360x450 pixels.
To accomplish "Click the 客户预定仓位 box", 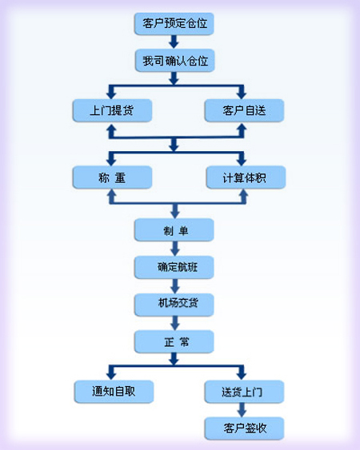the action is tap(174, 24).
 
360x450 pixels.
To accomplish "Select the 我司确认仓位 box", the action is tap(175, 61).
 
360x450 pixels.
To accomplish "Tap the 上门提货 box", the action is tap(112, 110).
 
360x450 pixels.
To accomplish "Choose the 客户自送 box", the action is tap(244, 110).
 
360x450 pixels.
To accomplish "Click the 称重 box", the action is tap(112, 177).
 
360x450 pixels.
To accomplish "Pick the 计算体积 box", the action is tap(246, 177).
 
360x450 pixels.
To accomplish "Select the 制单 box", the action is tap(174, 230).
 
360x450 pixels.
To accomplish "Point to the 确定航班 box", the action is tap(174, 267).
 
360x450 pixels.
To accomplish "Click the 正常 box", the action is tap(174, 341).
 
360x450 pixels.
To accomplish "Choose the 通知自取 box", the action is tap(114, 392).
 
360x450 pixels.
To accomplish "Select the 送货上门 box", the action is tap(244, 392).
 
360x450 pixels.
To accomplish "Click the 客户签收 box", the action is tap(244, 428).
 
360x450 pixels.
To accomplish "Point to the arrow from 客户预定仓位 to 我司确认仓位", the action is tap(174, 42).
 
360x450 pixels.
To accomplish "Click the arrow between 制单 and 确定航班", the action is tap(174, 249).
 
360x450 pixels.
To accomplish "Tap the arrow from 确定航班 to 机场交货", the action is tap(174, 286).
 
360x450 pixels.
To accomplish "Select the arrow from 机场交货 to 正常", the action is tap(174, 323).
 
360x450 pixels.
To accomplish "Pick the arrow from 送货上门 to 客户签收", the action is tap(242, 410).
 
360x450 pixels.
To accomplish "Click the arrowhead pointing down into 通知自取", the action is tap(111, 376).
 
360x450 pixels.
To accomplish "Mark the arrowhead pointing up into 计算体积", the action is tap(244, 193).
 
